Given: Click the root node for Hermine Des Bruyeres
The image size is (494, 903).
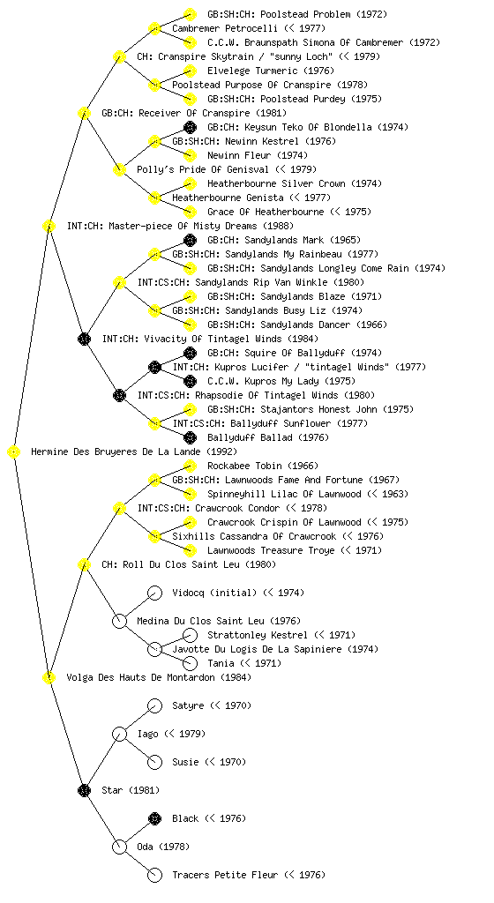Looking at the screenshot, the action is click(x=14, y=452).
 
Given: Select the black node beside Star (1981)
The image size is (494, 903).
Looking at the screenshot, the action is click(x=84, y=790).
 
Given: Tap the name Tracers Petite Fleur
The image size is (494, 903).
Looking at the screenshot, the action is click(x=225, y=875).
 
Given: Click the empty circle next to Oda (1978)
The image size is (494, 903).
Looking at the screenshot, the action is click(x=119, y=847).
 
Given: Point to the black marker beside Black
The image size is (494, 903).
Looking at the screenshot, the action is click(x=154, y=818).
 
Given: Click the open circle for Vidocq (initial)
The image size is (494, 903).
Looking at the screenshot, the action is click(x=154, y=593).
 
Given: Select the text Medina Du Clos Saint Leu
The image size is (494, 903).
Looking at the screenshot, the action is click(x=201, y=621).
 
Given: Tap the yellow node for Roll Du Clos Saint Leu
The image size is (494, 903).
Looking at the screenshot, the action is click(x=84, y=564).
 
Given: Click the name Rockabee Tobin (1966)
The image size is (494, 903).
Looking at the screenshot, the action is click(x=263, y=466).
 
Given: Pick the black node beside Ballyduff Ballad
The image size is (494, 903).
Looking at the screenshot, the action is click(x=190, y=437).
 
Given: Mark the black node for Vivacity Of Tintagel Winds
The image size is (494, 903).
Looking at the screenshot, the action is click(x=84, y=339).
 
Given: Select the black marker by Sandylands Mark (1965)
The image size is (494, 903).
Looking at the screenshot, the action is click(x=190, y=240).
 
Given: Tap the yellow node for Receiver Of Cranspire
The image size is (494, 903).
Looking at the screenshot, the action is click(x=84, y=113).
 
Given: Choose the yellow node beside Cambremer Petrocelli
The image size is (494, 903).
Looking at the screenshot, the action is click(x=154, y=28).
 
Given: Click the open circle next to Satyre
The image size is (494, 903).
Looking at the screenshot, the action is click(x=154, y=705).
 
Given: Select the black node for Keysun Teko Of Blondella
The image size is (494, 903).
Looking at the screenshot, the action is click(x=190, y=127).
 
